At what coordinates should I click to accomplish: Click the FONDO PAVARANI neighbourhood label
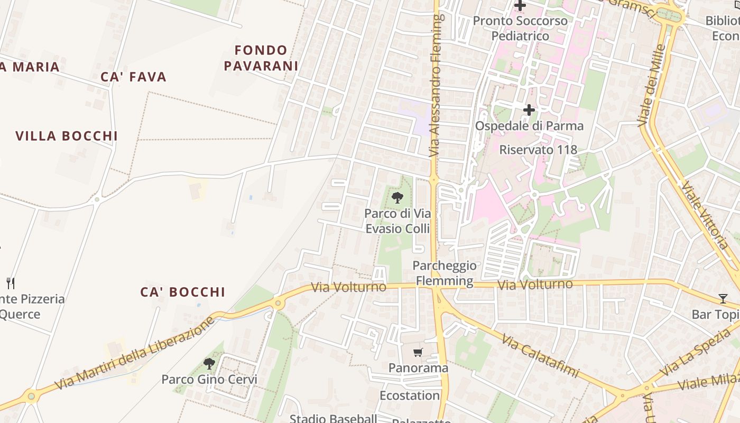261,58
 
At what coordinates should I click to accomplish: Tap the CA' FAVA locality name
134,77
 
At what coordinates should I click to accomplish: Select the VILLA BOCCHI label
67,136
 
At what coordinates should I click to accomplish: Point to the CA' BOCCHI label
183,292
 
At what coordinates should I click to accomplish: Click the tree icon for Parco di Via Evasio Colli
397,198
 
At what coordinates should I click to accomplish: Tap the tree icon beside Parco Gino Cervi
209,363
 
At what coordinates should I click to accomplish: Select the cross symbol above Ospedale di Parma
529,110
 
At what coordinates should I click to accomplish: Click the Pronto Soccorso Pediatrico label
520,29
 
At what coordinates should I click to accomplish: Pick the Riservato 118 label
538,150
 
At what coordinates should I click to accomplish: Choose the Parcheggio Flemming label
445,273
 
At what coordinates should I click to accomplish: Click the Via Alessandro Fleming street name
436,85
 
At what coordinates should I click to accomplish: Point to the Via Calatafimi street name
540,355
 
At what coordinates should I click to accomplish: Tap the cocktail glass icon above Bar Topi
723,299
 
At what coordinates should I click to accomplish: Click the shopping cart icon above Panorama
418,352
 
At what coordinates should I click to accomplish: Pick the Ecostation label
410,396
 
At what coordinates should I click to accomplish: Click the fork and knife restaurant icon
10,283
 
